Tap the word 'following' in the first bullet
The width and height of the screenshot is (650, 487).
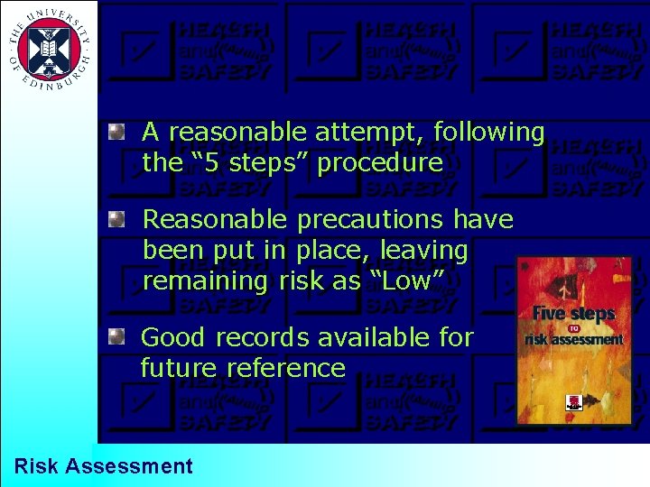coord(489,133)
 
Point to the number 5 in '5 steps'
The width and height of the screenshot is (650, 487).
coord(209,163)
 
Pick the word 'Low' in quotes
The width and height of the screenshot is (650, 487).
coord(406,280)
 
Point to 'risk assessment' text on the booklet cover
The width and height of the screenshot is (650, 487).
coord(574,340)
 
